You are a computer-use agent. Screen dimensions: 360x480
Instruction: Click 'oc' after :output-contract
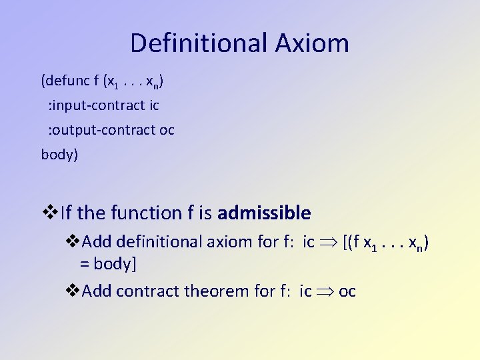pos(167,130)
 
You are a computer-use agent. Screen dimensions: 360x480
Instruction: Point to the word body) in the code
pos(59,155)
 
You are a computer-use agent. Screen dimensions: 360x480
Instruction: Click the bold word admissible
pos(264,213)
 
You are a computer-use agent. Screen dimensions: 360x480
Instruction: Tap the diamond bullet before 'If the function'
pos(50,213)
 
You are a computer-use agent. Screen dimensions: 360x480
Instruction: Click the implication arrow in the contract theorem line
pos(325,291)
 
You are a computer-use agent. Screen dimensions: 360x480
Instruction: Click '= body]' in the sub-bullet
pos(108,263)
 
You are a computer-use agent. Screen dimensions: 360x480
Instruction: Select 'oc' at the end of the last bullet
pos(347,291)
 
